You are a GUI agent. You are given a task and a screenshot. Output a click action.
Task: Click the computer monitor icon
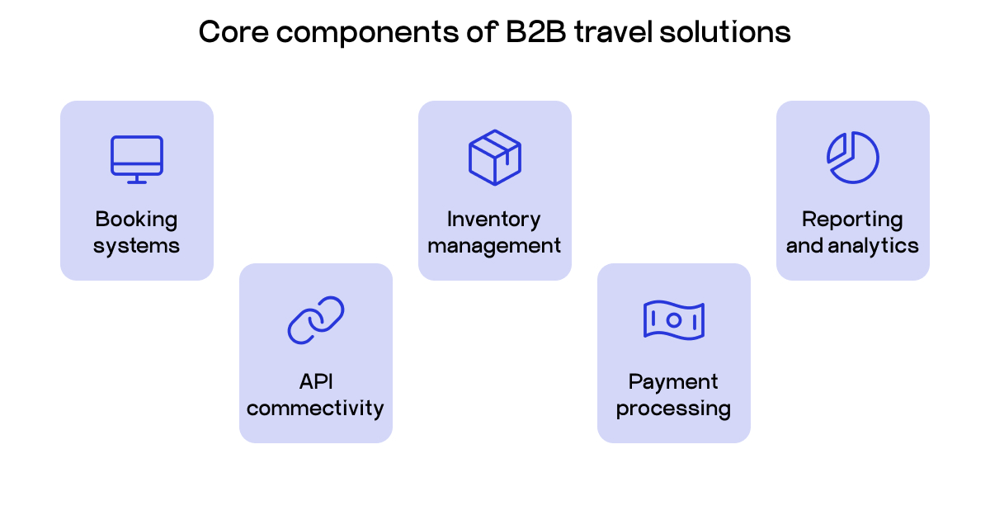137,158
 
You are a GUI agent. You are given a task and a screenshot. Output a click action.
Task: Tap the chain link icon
316,319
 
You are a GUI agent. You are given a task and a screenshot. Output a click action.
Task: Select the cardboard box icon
495,157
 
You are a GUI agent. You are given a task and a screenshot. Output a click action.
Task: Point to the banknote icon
674,319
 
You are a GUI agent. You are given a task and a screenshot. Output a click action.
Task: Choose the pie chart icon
853,157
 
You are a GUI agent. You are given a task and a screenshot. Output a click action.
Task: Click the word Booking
137,220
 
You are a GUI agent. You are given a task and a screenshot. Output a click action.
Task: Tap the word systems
137,246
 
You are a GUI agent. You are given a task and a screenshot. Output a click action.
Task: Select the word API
316,382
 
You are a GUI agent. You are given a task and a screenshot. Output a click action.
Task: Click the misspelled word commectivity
316,409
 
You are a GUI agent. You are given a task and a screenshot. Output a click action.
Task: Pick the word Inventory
494,220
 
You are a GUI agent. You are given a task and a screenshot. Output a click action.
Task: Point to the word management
494,246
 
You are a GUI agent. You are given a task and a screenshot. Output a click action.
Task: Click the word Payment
673,382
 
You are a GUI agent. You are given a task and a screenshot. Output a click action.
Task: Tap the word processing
673,409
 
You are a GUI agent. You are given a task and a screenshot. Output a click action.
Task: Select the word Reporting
852,220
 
